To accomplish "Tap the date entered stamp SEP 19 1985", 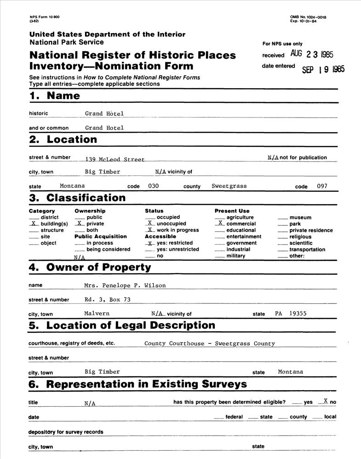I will pos(323,69).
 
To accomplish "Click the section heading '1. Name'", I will pos(54,96).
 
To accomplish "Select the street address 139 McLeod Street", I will pos(115,160).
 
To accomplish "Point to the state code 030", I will pos(153,186).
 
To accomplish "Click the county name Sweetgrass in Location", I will pos(229,186).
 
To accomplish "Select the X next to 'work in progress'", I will pos(149,229).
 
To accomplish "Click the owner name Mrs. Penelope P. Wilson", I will pos(125,285).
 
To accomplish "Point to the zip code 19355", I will pos(298,313).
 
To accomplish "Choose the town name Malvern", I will pos(97,313).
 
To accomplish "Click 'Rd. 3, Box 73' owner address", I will pos(105,299).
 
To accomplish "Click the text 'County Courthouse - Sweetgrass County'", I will pos(209,343).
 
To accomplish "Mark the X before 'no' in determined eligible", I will pos(325,401).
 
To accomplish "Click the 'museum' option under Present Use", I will pos(300,218).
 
